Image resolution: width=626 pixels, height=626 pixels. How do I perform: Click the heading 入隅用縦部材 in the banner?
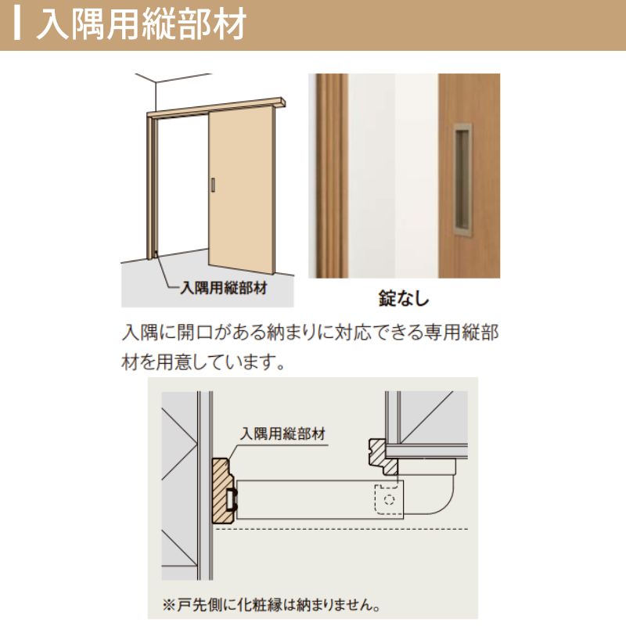[x=141, y=25]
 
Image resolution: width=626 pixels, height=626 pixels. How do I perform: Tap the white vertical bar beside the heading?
[x=18, y=25]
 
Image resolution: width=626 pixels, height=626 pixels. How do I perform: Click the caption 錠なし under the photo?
[x=404, y=298]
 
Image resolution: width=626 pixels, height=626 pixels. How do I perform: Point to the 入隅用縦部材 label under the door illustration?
[x=224, y=287]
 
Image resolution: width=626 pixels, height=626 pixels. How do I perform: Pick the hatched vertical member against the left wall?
[x=222, y=490]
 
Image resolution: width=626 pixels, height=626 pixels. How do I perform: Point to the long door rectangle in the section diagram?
[x=313, y=499]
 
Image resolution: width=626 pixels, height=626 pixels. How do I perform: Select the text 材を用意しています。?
[x=202, y=362]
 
